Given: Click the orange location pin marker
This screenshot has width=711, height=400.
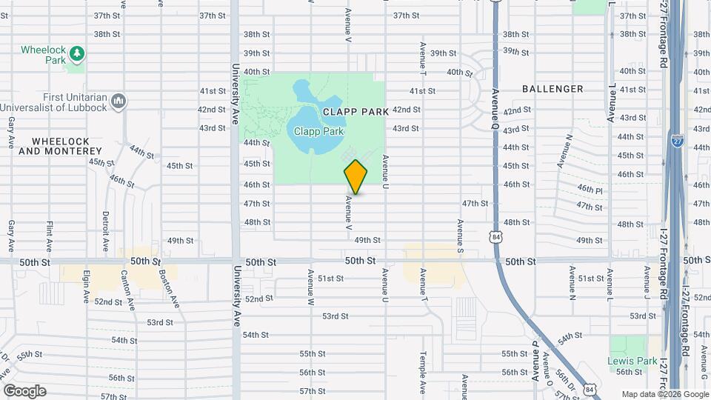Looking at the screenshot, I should click(356, 176).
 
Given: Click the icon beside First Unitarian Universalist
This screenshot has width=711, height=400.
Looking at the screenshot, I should click(119, 101).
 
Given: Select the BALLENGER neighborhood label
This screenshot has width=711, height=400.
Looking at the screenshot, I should click(553, 89).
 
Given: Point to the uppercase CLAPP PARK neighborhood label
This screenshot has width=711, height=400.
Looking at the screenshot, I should click(355, 111).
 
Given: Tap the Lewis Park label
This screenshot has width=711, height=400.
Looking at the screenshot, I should click(632, 361).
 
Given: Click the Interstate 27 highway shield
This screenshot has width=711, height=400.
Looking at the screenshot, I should click(677, 139).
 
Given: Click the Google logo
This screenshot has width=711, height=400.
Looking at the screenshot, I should click(24, 390).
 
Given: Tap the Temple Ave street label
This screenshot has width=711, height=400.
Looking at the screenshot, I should click(423, 374).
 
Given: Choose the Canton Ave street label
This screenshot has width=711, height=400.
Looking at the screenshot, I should click(130, 290).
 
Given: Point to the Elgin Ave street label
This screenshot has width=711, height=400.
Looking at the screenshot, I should click(87, 287).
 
